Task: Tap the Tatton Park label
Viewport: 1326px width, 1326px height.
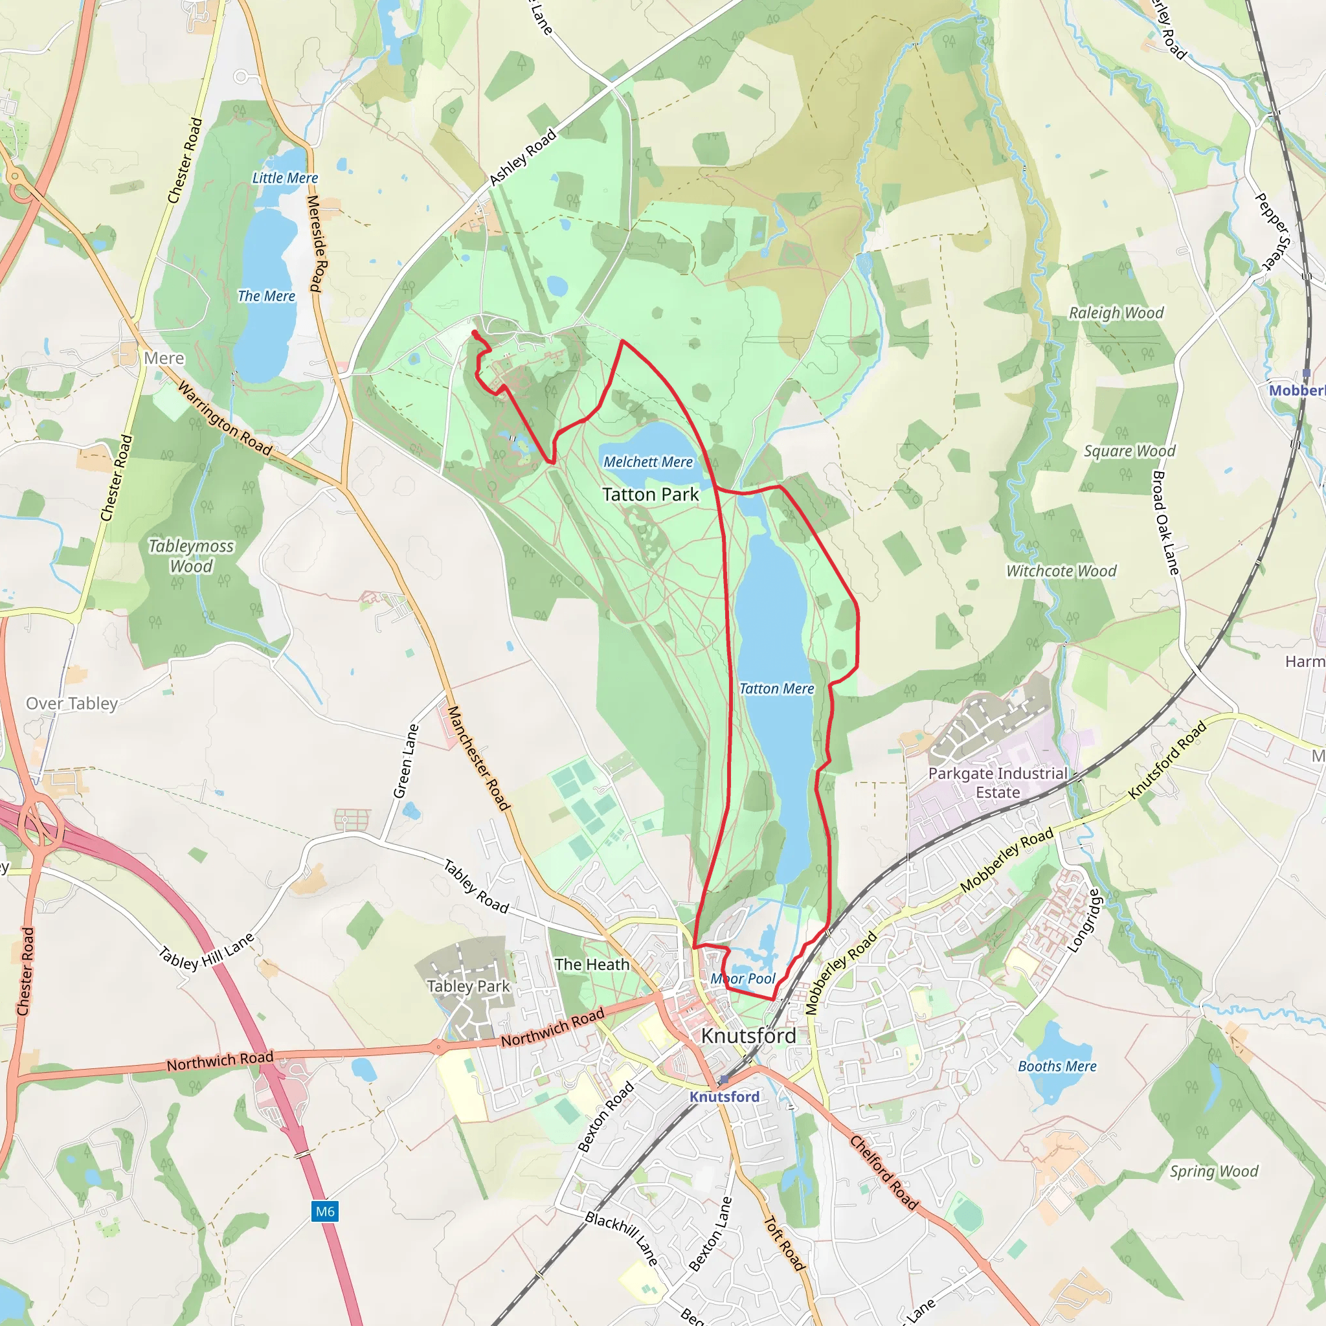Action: click(x=650, y=494)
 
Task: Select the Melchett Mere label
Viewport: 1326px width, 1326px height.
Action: click(x=648, y=462)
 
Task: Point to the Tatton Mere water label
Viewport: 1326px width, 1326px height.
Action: click(x=776, y=688)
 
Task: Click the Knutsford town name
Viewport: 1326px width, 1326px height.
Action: click(x=748, y=1036)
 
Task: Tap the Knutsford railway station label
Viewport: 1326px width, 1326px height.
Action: click(x=724, y=1096)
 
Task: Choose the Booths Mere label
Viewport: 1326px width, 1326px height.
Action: click(x=1056, y=1066)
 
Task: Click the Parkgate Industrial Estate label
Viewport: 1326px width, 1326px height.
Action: click(x=997, y=782)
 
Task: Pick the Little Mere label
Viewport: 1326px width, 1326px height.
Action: click(x=285, y=178)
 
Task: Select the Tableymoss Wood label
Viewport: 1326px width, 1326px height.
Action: click(x=192, y=556)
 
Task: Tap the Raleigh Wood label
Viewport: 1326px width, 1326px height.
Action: click(x=1116, y=313)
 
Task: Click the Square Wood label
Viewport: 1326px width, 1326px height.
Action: click(x=1129, y=451)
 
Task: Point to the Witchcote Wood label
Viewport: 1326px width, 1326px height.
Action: click(x=1061, y=571)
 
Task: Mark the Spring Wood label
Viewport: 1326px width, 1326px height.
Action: click(x=1214, y=1171)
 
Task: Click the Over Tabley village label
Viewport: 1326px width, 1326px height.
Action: click(x=72, y=704)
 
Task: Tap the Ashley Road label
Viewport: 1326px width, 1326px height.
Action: click(x=523, y=158)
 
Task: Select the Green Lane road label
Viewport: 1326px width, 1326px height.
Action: click(x=405, y=761)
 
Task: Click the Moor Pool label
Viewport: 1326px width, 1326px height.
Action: click(x=743, y=979)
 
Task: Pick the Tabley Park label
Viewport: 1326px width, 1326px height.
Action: click(x=468, y=986)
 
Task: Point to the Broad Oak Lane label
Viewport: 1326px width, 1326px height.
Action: click(x=1165, y=523)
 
